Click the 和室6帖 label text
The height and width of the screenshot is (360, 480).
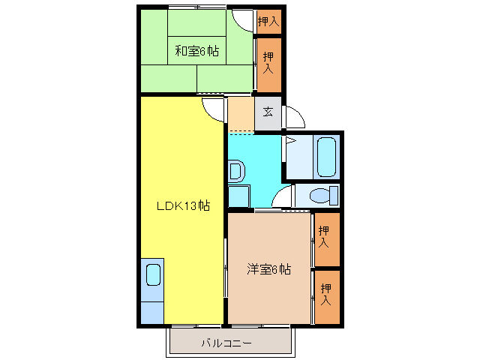[196, 52]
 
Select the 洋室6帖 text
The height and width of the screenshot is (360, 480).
[268, 269]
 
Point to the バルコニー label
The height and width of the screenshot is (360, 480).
[226, 343]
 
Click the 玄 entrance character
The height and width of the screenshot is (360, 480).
[268, 112]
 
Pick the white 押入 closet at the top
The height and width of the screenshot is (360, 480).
[268, 22]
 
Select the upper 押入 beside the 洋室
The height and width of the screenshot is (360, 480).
[324, 238]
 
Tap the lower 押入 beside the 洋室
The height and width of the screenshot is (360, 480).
[325, 295]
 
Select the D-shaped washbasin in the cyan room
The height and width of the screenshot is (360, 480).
[235, 172]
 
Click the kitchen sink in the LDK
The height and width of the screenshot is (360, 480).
[153, 274]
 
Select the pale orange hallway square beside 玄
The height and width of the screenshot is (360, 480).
[240, 113]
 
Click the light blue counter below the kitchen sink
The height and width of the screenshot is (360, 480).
[152, 307]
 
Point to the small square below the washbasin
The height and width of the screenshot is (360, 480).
[238, 196]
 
